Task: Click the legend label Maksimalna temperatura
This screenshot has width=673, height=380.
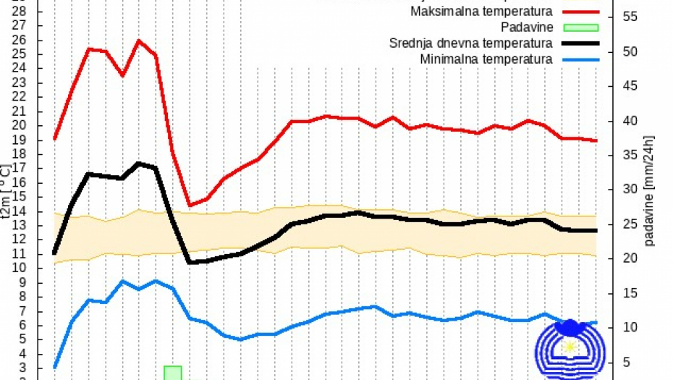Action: click(x=481, y=12)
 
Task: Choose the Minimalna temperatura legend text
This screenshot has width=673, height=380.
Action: click(x=486, y=59)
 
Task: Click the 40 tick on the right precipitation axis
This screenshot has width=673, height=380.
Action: click(x=630, y=121)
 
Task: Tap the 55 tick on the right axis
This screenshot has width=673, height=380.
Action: click(x=630, y=17)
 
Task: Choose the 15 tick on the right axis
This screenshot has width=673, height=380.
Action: click(x=630, y=293)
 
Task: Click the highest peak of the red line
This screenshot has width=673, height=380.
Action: click(x=139, y=41)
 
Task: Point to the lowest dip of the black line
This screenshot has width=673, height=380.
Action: click(x=190, y=262)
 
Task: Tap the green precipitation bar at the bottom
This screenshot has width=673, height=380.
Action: click(x=172, y=373)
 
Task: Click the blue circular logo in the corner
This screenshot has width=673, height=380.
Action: click(x=571, y=349)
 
